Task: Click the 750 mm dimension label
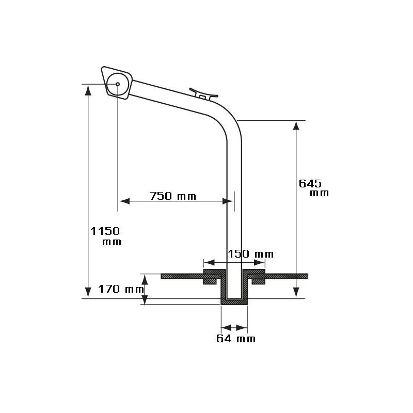(x=173, y=196)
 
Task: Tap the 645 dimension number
(x=310, y=183)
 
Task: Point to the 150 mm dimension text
(x=251, y=254)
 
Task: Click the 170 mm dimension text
(x=120, y=289)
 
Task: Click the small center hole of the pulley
(x=118, y=84)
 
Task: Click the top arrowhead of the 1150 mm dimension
(x=88, y=89)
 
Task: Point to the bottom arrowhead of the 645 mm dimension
(x=296, y=293)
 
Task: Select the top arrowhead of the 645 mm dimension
(x=296, y=126)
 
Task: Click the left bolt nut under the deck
(x=210, y=281)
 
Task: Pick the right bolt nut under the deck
(x=258, y=281)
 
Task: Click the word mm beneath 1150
(x=112, y=242)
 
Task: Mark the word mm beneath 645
(x=320, y=193)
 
